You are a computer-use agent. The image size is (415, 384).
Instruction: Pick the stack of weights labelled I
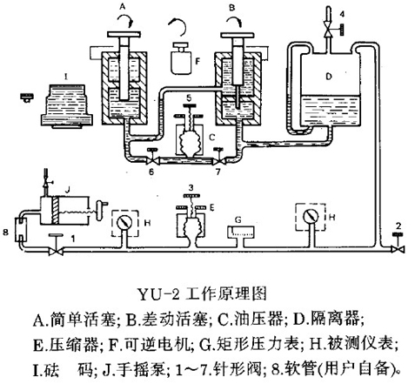coord(67,106)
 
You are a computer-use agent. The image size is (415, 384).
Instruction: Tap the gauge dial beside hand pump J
coord(124,223)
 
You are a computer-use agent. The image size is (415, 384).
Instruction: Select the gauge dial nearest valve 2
coord(311,216)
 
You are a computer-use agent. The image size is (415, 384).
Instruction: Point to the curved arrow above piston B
coord(234,20)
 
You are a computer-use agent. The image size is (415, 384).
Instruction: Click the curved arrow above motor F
coord(177,25)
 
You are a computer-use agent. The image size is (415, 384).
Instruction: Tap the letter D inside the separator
coord(329,77)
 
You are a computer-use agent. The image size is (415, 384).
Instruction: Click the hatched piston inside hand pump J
coord(56,211)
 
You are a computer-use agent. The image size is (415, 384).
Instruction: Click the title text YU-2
coord(158,293)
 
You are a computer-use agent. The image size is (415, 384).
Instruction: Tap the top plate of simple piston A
coord(124,34)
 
